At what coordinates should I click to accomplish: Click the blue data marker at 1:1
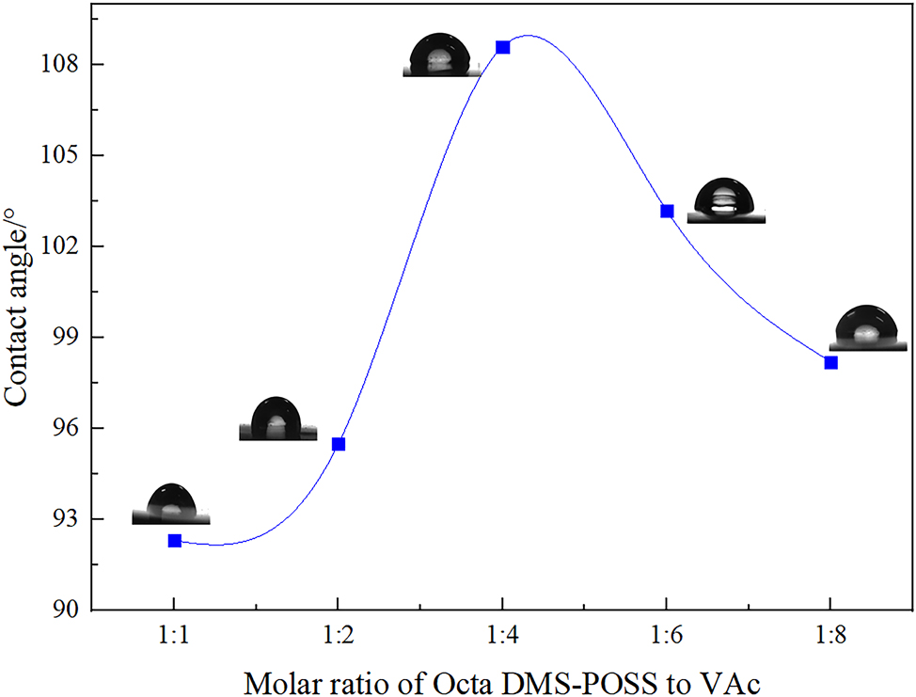tap(174, 540)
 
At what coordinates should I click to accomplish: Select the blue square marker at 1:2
tap(339, 443)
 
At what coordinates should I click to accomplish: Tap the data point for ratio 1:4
tap(503, 47)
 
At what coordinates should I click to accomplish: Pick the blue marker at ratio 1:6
tap(667, 211)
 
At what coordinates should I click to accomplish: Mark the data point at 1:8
tap(830, 362)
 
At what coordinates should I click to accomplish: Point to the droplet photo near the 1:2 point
tap(277, 420)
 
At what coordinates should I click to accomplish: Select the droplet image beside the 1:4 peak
tap(442, 55)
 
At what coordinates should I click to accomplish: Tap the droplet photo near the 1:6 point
tap(725, 200)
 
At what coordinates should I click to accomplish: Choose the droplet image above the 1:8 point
tap(867, 328)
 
